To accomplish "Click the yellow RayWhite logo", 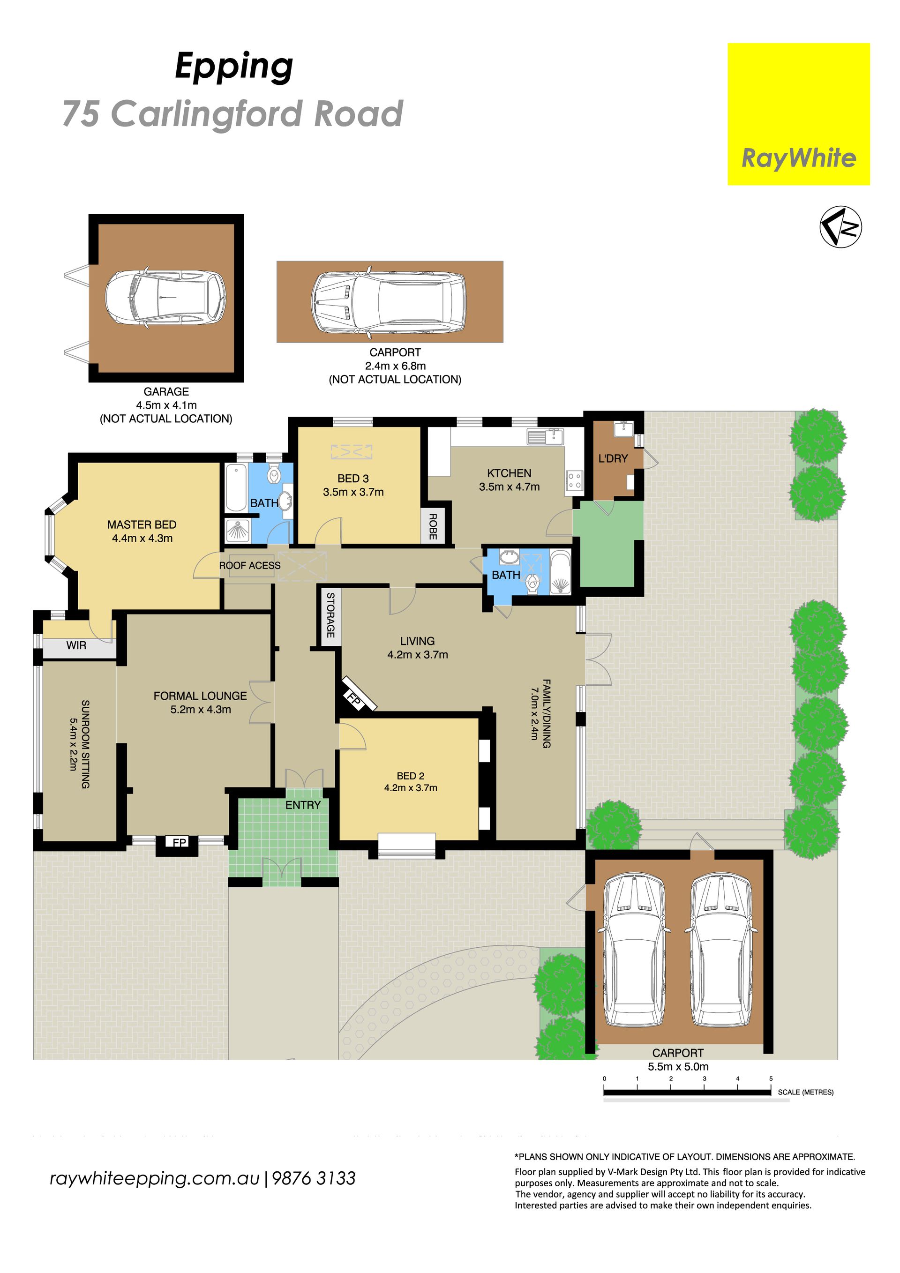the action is [799, 114].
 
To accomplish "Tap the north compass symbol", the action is [840, 226].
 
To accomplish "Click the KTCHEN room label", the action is [509, 473].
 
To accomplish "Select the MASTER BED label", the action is [142, 524].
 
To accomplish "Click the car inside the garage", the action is [165, 298].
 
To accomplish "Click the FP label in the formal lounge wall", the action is [179, 843].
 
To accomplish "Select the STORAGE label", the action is [330, 615].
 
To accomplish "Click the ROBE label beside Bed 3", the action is [433, 526].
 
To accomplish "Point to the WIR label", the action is [76, 645].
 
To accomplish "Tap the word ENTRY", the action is [303, 805].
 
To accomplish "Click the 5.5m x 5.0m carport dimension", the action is [678, 1066].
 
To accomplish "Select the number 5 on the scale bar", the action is [771, 1078].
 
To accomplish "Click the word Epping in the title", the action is [234, 67].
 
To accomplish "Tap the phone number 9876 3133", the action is [314, 1178].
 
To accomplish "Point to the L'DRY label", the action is [613, 458].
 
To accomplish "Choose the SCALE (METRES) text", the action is [805, 1092].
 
